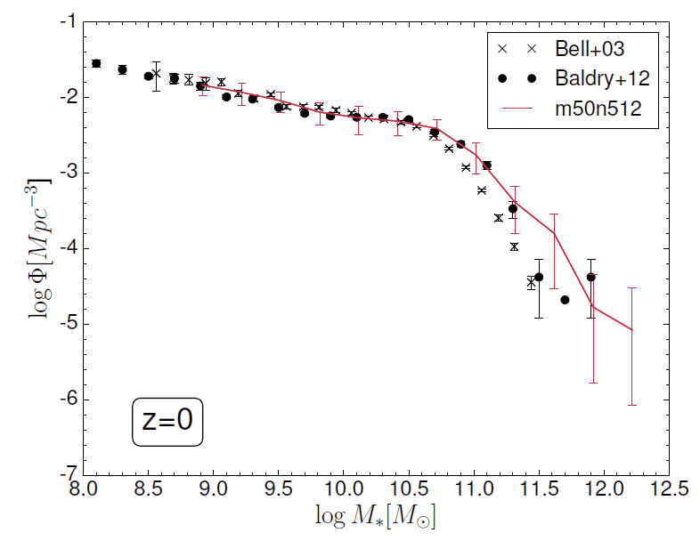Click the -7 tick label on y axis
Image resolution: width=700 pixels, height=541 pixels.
tap(64, 474)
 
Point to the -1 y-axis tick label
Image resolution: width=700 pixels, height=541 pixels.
tap(64, 21)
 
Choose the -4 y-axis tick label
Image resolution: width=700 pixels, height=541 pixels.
tap(64, 248)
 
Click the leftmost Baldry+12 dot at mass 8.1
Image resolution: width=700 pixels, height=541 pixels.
tap(96, 63)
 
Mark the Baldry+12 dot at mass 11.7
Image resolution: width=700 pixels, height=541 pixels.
tap(565, 300)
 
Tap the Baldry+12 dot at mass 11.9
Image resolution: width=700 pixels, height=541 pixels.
tap(590, 277)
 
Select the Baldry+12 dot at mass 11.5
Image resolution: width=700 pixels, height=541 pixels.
tap(539, 277)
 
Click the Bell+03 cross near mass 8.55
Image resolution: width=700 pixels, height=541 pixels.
tap(156, 75)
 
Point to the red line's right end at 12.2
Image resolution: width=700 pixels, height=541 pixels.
tap(631, 330)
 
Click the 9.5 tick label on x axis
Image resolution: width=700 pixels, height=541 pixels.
tap(279, 489)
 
